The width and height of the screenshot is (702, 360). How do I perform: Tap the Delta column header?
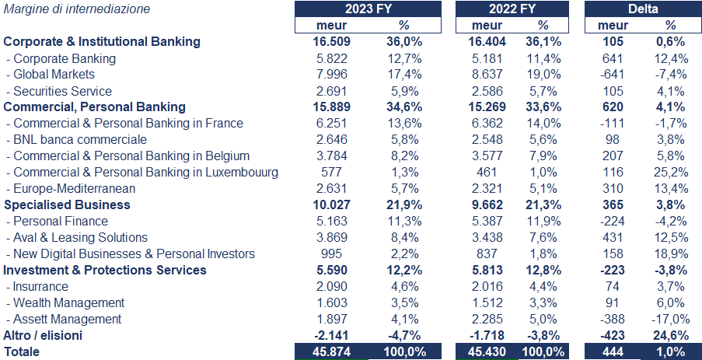tap(643, 9)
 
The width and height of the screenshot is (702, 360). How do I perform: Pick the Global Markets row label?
tap(54, 75)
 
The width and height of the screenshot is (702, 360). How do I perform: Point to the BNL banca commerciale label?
tap(80, 140)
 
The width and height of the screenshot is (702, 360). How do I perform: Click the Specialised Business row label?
tap(68, 205)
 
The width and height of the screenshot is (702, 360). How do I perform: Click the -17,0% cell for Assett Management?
tap(670, 319)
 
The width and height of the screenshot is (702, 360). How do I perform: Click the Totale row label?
tap(22, 352)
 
